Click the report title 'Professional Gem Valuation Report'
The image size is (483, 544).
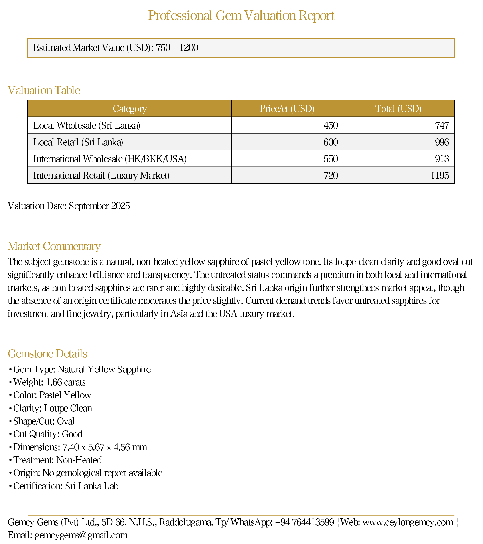click(241, 15)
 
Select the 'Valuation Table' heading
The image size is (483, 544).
click(44, 91)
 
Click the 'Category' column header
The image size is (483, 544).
click(130, 109)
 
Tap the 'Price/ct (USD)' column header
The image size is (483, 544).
click(287, 109)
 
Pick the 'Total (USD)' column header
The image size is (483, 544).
click(398, 109)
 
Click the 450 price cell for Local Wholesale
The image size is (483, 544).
click(331, 125)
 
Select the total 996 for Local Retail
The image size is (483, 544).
click(442, 142)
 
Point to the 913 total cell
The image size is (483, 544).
click(442, 159)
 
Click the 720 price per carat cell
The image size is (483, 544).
click(331, 175)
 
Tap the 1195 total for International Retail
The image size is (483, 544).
click(440, 175)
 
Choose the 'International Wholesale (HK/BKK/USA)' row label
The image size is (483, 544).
click(110, 159)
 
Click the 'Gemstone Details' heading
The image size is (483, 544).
click(48, 354)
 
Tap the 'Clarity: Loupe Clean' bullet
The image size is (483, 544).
click(53, 408)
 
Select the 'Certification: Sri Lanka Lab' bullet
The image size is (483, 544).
click(66, 486)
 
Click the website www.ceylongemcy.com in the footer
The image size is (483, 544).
click(408, 522)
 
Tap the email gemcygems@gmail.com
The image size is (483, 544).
click(81, 535)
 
